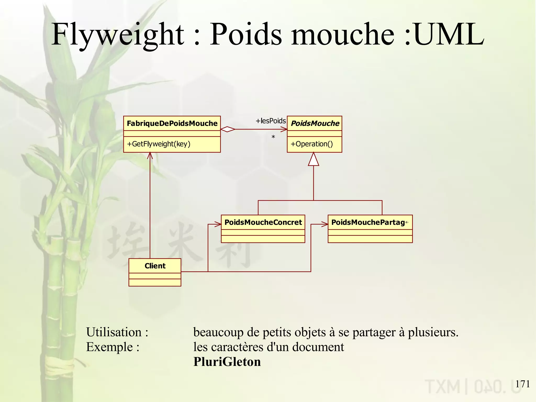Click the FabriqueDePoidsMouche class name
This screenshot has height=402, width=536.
[172, 123]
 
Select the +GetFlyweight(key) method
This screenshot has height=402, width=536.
[159, 144]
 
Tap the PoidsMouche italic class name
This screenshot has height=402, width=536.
[315, 123]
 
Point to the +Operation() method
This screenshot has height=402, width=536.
[311, 144]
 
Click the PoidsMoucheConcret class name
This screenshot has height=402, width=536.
[263, 222]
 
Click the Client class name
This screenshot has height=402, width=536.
[155, 266]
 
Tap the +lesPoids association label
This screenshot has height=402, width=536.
[271, 121]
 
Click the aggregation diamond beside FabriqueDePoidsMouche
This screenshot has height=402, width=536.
[228, 129]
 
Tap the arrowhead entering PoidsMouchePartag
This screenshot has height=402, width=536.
[325, 224]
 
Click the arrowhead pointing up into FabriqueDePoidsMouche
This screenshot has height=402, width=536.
[150, 156]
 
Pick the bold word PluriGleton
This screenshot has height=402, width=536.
[227, 362]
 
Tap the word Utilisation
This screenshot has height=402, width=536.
[114, 332]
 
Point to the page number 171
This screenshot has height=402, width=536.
[522, 384]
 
